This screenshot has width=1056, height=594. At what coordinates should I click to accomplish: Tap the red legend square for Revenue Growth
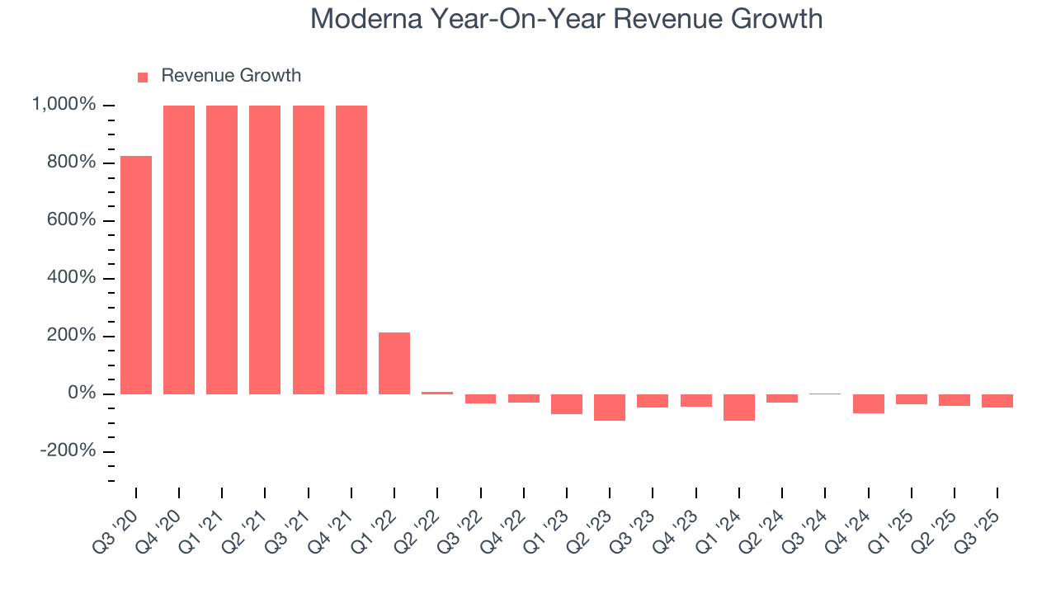143,77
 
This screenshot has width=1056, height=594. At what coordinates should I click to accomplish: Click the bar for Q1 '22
394,363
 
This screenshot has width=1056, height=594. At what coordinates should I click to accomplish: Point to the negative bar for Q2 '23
610,408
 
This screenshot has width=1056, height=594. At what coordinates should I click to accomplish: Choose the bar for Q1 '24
739,408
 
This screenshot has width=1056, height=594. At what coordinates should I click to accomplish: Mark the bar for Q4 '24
868,403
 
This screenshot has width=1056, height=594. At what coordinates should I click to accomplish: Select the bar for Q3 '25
997,401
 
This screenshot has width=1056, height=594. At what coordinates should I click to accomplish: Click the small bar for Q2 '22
437,393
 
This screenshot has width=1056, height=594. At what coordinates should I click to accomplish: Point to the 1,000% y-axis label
64,105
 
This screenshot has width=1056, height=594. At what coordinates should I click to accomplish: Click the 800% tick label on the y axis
71,163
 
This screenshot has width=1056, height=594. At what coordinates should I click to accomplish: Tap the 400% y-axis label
71,278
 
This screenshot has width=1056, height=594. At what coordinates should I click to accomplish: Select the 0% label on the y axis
81,394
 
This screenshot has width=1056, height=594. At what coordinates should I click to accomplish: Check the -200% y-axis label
68,451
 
